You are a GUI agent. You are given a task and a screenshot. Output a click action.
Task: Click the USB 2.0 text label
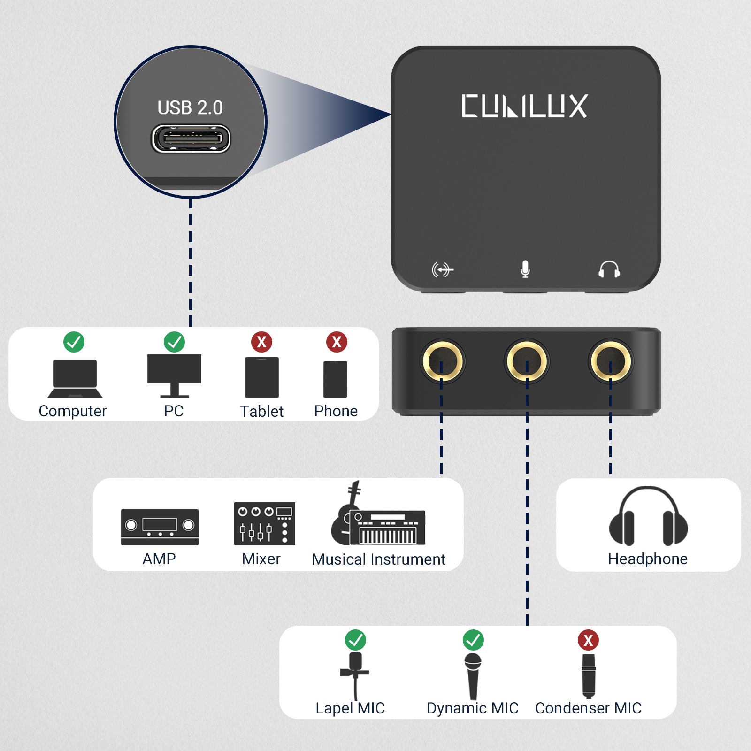[x=190, y=107]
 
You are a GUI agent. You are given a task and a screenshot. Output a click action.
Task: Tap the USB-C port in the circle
[x=191, y=139]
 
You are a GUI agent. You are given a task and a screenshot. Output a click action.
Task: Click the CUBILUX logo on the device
[x=524, y=106]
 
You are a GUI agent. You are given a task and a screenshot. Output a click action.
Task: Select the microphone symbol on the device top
[x=525, y=269]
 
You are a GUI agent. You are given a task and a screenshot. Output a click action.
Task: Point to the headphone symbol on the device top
[x=609, y=269]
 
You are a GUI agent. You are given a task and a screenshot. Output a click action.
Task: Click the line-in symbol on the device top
[x=442, y=270]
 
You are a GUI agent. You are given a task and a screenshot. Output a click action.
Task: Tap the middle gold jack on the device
[x=526, y=361]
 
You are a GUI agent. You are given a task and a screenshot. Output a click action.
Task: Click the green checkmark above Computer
[x=74, y=342]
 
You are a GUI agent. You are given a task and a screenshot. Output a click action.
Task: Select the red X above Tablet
[x=261, y=342]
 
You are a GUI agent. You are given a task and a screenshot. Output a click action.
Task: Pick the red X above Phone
[x=337, y=342]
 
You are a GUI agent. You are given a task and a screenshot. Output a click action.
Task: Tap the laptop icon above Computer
[x=75, y=378]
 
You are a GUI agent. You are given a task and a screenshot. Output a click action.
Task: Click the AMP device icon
[x=160, y=527]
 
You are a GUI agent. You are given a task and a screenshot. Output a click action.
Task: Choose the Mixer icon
[x=264, y=523]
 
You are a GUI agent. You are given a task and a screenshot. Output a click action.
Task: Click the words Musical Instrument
[x=378, y=559]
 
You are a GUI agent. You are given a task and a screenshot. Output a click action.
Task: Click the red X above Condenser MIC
[x=588, y=640]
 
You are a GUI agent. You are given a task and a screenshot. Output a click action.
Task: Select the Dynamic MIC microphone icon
[x=473, y=675]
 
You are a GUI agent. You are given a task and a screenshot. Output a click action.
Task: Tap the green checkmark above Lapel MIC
[x=355, y=640]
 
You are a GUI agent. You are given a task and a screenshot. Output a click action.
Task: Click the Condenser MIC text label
[x=588, y=708]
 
